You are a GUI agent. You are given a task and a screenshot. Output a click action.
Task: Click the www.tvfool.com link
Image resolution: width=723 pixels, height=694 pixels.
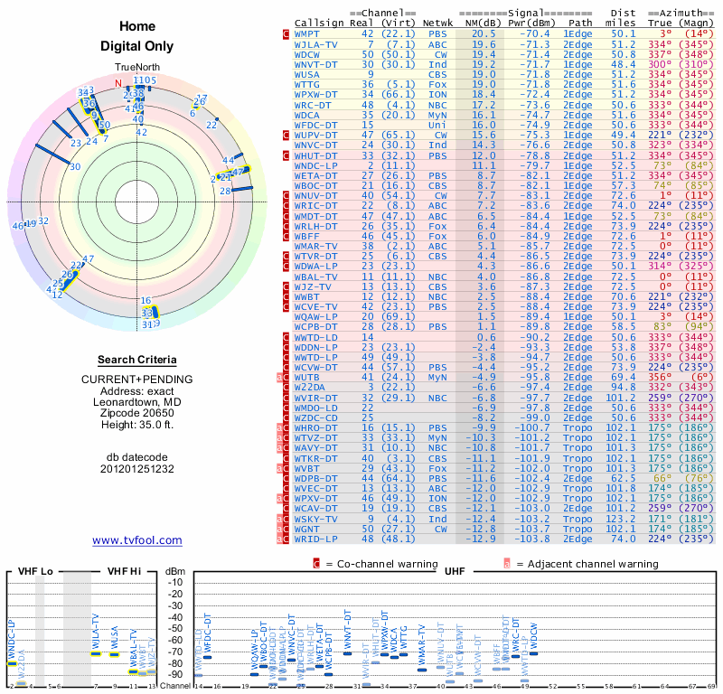136,540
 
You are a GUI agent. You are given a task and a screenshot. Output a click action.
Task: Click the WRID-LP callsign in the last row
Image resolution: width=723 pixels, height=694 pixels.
315,539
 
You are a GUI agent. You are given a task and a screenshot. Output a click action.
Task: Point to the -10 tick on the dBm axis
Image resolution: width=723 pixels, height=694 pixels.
175,582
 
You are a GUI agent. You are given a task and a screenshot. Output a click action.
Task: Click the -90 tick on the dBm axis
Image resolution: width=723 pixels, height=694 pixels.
175,674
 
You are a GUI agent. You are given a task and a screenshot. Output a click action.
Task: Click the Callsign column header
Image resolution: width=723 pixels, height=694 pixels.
319,22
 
